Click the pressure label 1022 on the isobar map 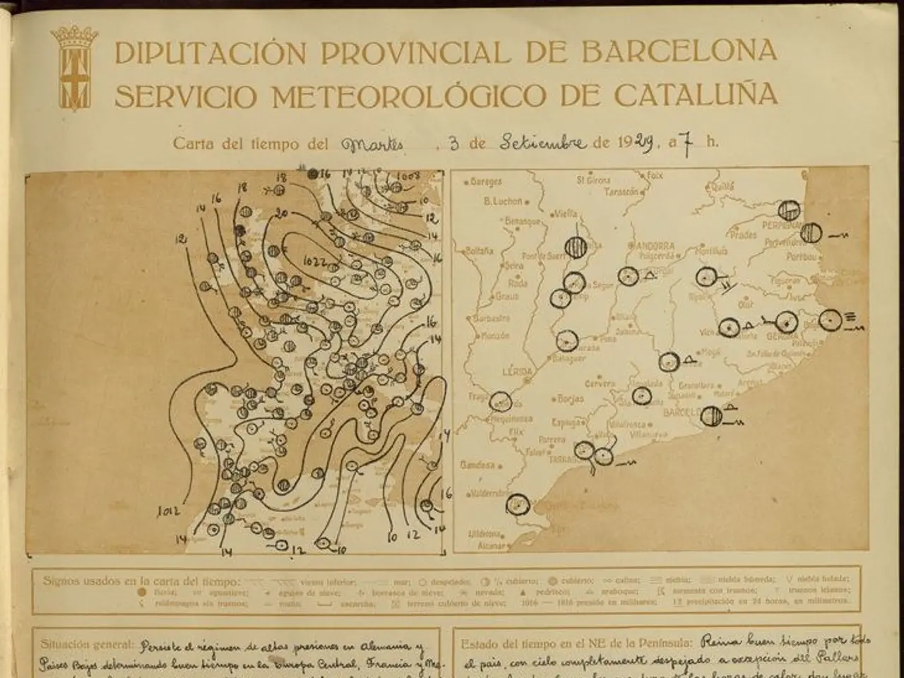[314, 262]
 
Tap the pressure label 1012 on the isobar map [169, 510]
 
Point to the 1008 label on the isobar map [409, 176]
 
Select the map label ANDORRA [650, 246]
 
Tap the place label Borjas [570, 399]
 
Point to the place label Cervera [599, 383]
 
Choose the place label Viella [565, 213]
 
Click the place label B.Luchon [503, 201]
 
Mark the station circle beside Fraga [499, 401]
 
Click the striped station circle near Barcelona [711, 415]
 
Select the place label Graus [506, 297]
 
